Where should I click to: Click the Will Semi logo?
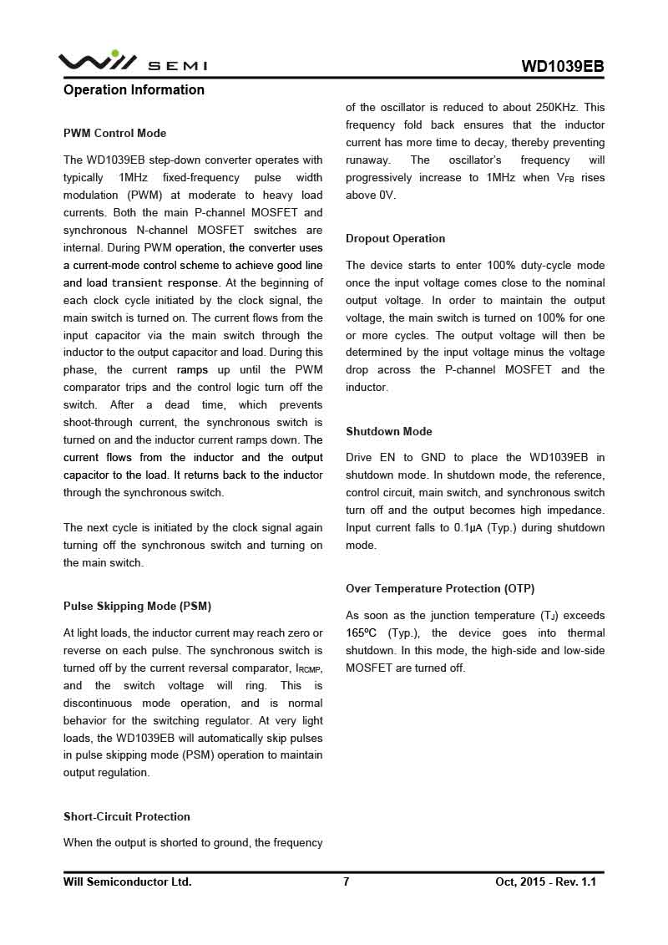(x=132, y=62)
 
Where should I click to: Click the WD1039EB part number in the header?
(x=562, y=67)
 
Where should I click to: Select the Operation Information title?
(x=134, y=90)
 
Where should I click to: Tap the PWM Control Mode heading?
(x=114, y=134)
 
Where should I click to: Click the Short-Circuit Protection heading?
(x=127, y=817)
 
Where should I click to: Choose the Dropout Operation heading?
(x=395, y=239)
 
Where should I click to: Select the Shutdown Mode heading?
(x=389, y=432)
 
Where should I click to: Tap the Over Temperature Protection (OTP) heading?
(x=440, y=589)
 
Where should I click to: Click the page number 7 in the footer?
(x=346, y=881)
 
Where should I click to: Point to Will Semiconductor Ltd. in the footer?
(x=127, y=881)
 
